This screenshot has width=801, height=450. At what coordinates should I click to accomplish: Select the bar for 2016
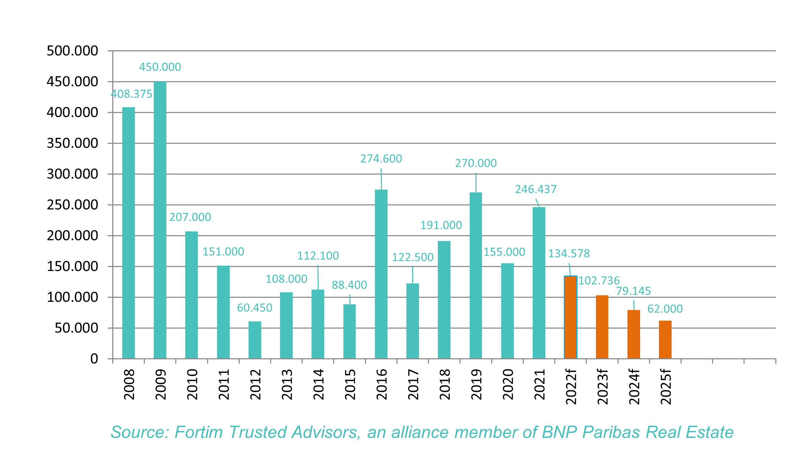pyautogui.click(x=381, y=274)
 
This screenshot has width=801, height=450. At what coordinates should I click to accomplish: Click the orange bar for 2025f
pyautogui.click(x=665, y=339)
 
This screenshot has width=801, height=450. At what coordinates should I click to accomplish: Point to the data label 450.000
pyautogui.click(x=160, y=67)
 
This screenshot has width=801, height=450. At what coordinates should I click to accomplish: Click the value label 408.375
pyautogui.click(x=132, y=94)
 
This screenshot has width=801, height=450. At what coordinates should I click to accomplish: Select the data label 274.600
pyautogui.click(x=381, y=159)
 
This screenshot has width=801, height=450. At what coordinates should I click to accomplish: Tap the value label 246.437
pyautogui.click(x=536, y=189)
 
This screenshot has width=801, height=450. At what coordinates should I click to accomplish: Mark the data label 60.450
pyautogui.click(x=255, y=308)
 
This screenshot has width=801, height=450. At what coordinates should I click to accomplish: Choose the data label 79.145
pyautogui.click(x=634, y=291)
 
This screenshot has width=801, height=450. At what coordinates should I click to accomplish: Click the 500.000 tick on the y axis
pyautogui.click(x=72, y=51)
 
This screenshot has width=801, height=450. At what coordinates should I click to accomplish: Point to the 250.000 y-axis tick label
pyautogui.click(x=72, y=205)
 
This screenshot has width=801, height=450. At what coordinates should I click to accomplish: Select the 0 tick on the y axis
pyautogui.click(x=94, y=359)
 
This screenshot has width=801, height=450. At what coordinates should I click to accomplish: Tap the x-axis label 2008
pyautogui.click(x=129, y=385)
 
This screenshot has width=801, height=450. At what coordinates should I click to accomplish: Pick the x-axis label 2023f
pyautogui.click(x=602, y=387)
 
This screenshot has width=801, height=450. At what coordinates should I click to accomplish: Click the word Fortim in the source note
pyautogui.click(x=199, y=432)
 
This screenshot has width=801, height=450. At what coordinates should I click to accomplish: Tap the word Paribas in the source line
pyautogui.click(x=611, y=432)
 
